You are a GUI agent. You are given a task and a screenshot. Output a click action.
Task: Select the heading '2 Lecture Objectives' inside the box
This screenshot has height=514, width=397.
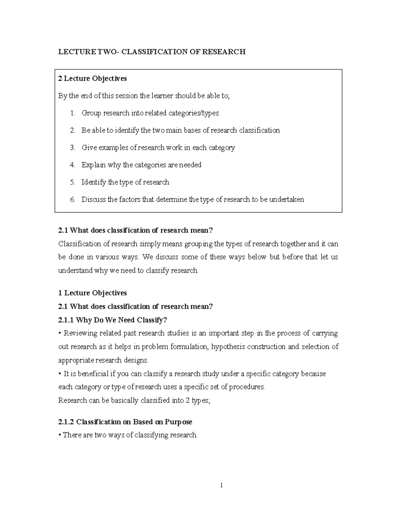pyautogui.click(x=92, y=78)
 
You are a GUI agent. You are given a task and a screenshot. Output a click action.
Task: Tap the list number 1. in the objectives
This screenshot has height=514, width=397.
pyautogui.click(x=72, y=113)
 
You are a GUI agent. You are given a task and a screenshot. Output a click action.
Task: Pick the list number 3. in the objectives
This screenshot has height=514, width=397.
pyautogui.click(x=72, y=148)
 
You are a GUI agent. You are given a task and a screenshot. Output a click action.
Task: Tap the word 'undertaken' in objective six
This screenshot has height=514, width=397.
pyautogui.click(x=287, y=199)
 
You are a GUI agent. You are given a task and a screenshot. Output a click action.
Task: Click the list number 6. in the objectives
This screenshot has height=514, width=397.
pyautogui.click(x=72, y=199)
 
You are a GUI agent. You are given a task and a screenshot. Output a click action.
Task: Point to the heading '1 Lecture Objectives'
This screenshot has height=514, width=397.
pyautogui.click(x=92, y=293)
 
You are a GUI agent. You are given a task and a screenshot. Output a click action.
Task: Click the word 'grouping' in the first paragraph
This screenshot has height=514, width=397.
pyautogui.click(x=198, y=244)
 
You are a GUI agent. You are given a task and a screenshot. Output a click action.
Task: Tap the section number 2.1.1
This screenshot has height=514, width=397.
pyautogui.click(x=66, y=320)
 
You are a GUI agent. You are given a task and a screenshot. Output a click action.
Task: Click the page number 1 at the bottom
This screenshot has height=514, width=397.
pyautogui.click(x=222, y=486)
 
